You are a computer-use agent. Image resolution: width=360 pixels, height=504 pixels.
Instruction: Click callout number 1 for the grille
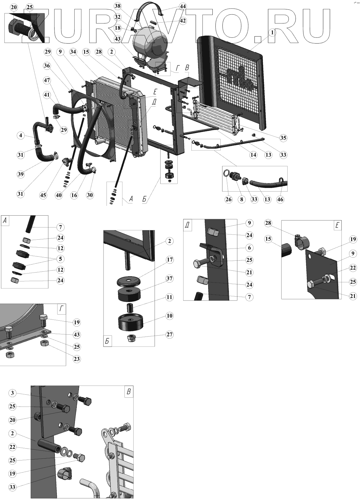(x=272, y=32)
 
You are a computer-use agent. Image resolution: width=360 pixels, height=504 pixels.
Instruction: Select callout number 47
(x=47, y=80)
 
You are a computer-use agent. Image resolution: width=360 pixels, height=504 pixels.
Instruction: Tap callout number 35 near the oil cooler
(x=283, y=138)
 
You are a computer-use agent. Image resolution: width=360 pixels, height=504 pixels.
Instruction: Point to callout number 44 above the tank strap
(x=183, y=6)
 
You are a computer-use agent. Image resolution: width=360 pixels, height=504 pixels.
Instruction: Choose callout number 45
(x=43, y=195)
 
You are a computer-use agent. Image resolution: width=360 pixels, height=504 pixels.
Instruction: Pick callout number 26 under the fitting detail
(x=228, y=199)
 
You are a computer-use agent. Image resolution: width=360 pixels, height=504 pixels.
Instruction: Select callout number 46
(x=280, y=199)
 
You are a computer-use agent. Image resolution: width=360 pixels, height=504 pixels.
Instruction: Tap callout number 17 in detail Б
(x=170, y=260)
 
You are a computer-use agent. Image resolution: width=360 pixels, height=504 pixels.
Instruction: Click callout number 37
(x=170, y=279)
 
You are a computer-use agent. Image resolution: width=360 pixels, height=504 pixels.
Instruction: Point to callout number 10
(x=170, y=316)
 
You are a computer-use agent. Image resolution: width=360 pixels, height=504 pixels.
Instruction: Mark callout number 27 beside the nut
(x=170, y=335)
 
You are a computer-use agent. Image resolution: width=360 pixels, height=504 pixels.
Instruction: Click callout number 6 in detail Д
(x=249, y=248)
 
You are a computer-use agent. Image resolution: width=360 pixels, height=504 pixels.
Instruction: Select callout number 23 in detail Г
(x=76, y=359)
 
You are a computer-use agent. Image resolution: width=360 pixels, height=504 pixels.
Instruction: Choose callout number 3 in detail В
(x=12, y=393)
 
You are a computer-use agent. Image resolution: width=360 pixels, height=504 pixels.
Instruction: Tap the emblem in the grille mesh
(x=239, y=76)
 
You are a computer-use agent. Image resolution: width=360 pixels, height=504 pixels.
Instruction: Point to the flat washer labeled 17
(x=129, y=281)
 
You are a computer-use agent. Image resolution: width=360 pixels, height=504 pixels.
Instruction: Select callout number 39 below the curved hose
(x=20, y=174)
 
